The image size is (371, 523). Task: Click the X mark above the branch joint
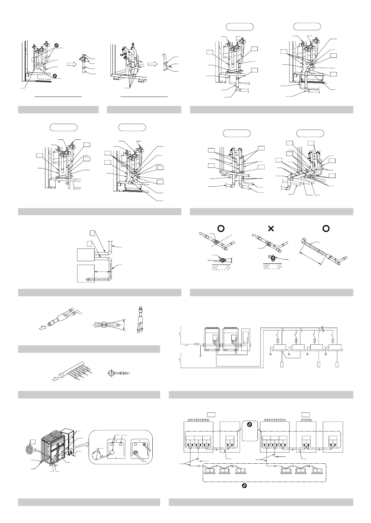tap(271, 228)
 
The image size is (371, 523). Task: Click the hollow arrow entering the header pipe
tap(55, 379)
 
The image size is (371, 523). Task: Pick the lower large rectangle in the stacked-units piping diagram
tap(86, 273)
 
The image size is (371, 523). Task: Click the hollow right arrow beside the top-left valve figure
tap(71, 64)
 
